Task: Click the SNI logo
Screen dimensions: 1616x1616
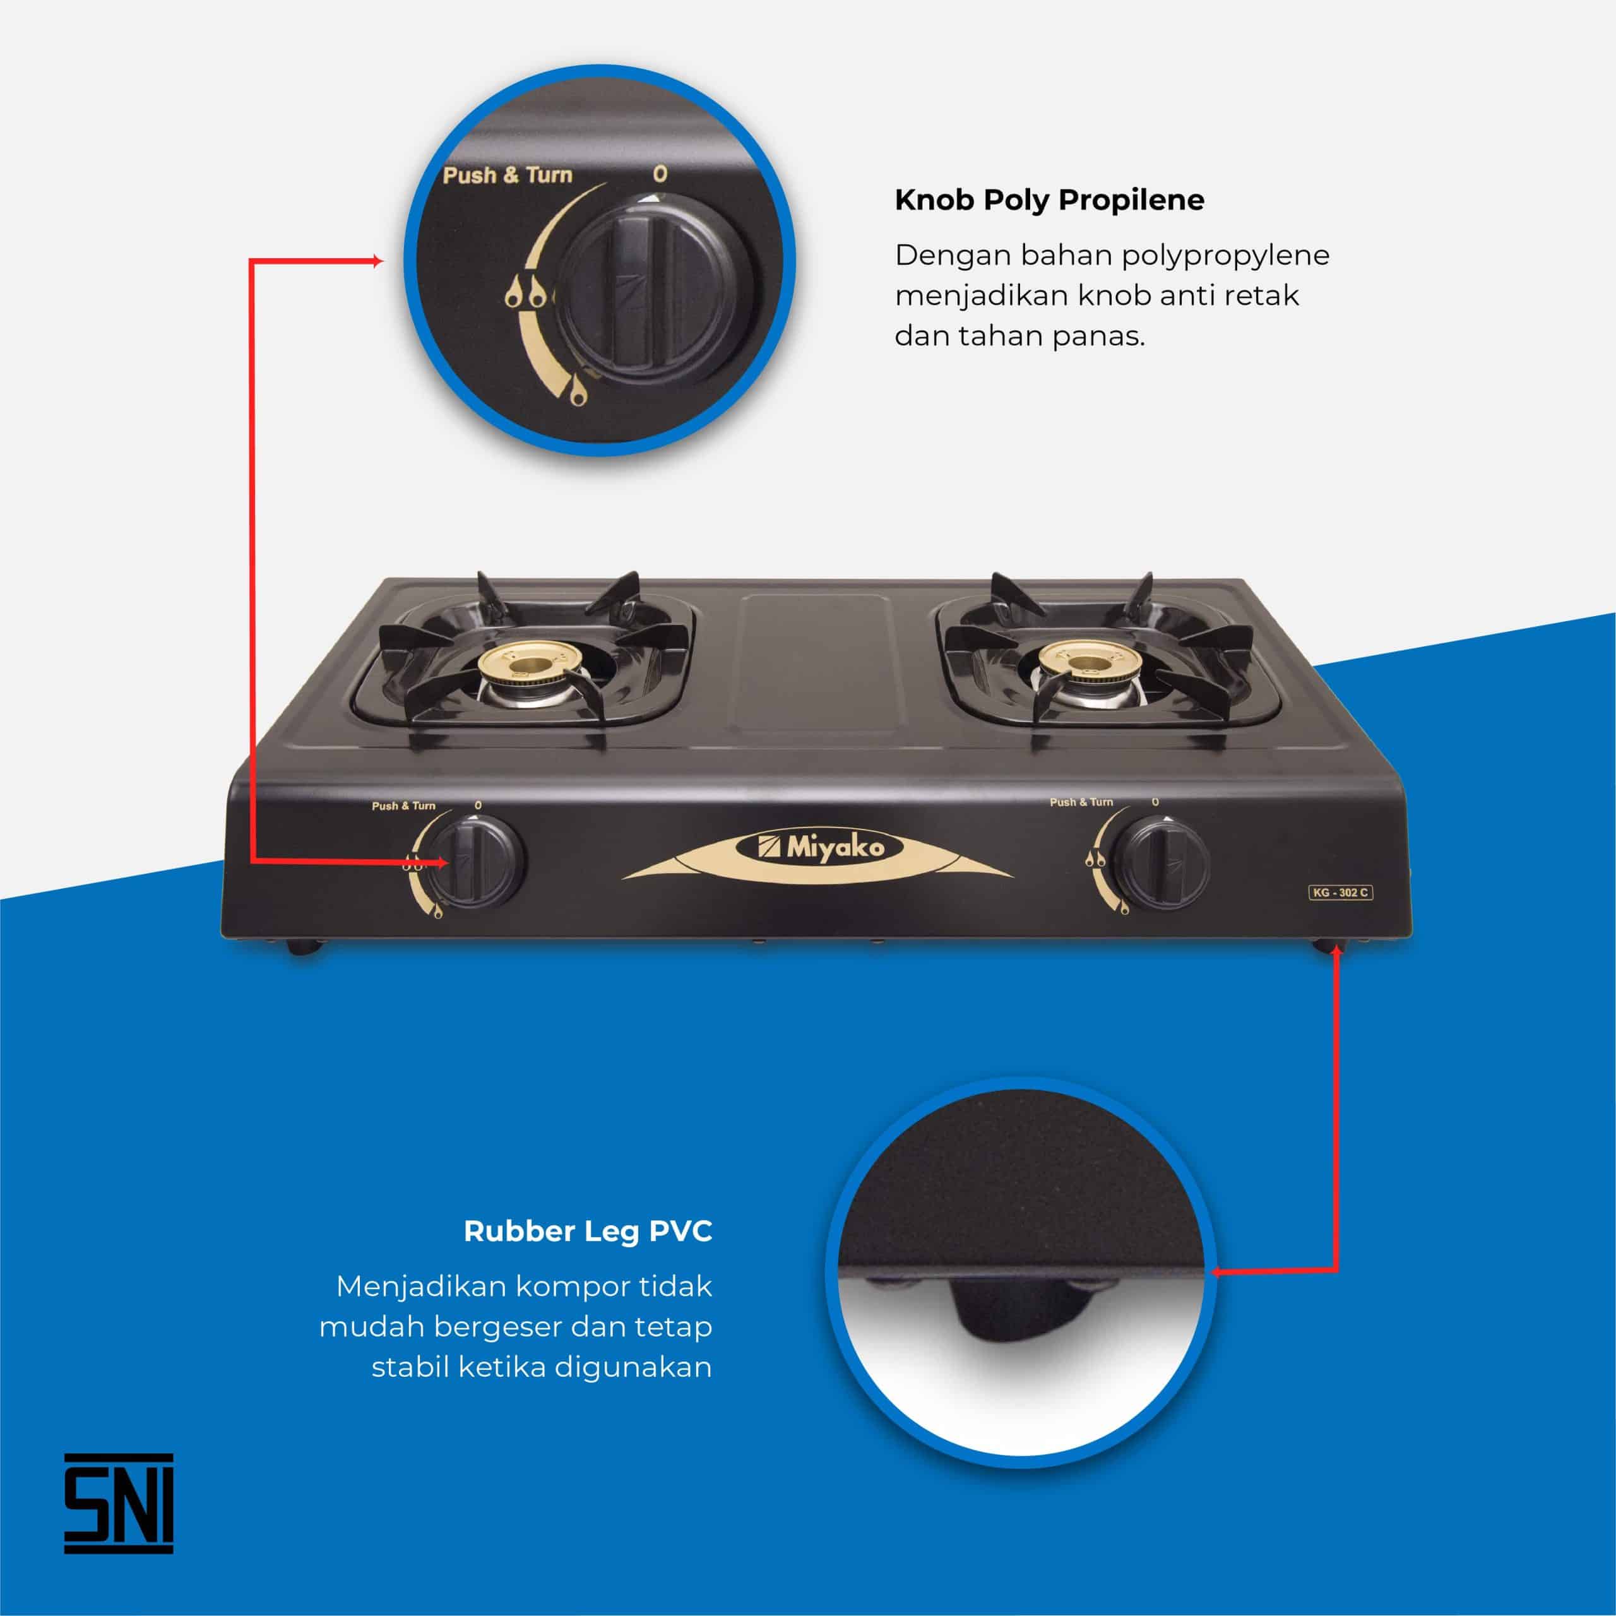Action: pos(119,1503)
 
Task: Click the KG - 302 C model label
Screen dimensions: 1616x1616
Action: pos(1340,893)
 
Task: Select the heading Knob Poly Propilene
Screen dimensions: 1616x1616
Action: pos(1049,200)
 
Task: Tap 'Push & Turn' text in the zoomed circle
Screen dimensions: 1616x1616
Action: pos(507,175)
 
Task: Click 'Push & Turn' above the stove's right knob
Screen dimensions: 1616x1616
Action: pos(1081,802)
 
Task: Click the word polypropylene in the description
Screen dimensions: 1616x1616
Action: pos(1225,255)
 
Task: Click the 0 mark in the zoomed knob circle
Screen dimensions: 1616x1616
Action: pos(660,174)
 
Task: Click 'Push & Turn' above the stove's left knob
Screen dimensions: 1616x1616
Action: pos(403,806)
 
